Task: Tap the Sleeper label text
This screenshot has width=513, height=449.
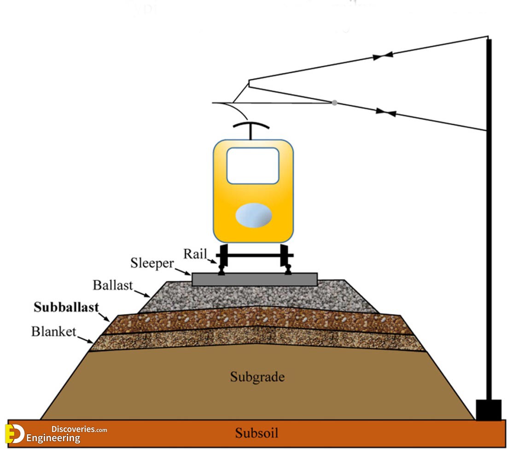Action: [152, 264]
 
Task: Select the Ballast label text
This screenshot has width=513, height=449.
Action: [113, 285]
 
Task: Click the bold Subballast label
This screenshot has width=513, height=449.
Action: [66, 308]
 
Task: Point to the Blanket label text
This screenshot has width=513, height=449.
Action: [53, 332]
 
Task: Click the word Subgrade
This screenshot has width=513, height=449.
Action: [257, 377]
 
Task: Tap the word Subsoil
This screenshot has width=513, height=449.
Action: [256, 433]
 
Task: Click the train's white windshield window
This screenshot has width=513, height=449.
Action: [253, 166]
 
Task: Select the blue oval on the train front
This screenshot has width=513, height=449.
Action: [254, 216]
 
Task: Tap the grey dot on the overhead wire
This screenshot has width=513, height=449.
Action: [334, 103]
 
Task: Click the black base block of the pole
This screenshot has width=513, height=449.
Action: [488, 410]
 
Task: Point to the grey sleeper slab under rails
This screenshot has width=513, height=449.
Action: [255, 279]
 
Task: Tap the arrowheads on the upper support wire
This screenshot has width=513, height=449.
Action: [383, 56]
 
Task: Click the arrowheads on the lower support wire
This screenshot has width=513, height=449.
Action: [385, 112]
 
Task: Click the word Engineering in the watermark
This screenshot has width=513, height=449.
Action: [53, 438]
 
